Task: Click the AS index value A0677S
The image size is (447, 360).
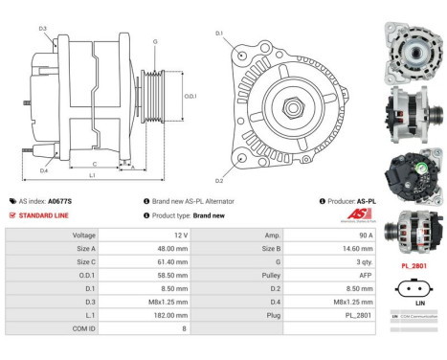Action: coord(59,201)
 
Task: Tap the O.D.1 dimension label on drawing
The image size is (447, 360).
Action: coord(190,96)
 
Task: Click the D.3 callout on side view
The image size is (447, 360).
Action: coord(43,29)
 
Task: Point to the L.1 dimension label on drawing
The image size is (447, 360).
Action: coord(92,176)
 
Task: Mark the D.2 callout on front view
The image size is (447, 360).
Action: coord(219,180)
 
